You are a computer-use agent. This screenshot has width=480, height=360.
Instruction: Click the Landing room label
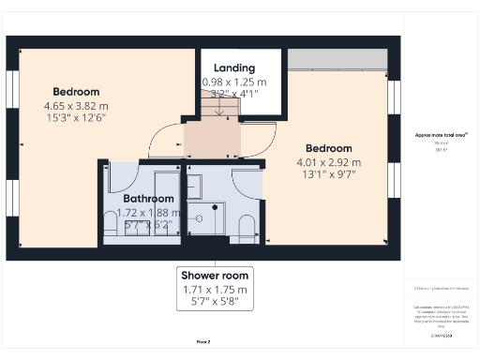point(234,68)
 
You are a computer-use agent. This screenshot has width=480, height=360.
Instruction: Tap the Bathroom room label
point(148,199)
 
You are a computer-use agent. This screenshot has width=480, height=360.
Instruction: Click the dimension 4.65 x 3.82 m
point(76,106)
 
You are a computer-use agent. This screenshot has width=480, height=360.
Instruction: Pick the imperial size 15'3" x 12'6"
point(76,119)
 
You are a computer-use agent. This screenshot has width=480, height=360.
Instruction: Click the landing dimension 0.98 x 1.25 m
point(234,82)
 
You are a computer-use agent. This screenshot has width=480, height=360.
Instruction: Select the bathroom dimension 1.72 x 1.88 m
point(148,213)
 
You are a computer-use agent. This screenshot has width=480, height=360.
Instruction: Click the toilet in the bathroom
point(111,223)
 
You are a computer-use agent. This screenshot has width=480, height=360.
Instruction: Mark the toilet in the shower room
point(247,227)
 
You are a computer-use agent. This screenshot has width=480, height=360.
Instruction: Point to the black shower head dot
point(217,207)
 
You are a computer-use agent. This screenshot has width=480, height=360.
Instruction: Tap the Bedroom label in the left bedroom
point(76,92)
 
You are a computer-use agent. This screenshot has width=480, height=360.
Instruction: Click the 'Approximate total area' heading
point(441,135)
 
